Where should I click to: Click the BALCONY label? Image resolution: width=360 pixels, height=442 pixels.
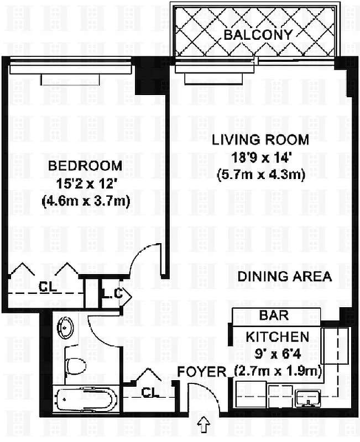258,35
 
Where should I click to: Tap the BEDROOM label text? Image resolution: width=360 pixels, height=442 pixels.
85,166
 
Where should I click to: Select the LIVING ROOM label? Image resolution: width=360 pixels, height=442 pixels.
252,139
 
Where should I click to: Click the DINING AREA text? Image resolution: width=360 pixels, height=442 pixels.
285,277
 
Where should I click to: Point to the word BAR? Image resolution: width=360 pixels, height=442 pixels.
273,317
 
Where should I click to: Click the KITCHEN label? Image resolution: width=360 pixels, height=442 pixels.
277,336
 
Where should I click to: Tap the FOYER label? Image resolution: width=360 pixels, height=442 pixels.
202,371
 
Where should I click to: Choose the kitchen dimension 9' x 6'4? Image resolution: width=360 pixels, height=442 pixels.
276,353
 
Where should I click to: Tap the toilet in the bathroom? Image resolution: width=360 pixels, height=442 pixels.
76,365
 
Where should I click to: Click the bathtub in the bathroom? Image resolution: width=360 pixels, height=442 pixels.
86,399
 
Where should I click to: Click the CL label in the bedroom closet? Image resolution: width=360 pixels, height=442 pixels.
46,286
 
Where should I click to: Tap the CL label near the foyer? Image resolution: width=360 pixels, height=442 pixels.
150,392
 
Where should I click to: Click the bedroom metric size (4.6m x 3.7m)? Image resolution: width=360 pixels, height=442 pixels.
85,202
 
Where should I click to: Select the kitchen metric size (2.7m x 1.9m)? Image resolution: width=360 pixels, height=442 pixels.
277,370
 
